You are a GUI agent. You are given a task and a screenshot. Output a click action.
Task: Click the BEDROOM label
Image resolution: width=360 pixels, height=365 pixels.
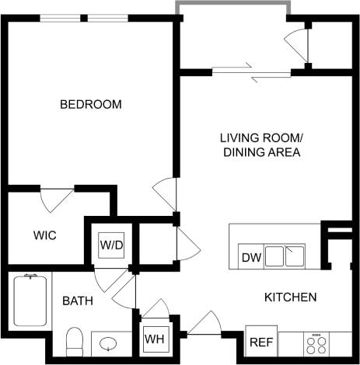(x=91, y=104)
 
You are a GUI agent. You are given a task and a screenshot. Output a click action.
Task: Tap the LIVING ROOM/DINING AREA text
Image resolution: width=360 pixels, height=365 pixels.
(x=262, y=145)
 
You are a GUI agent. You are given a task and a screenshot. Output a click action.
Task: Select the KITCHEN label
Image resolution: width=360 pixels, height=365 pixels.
(x=290, y=297)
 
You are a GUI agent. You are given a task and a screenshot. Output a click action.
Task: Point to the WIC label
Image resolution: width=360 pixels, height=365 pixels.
(x=44, y=235)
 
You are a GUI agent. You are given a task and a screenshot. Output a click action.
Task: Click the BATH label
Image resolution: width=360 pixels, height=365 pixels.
(x=78, y=301)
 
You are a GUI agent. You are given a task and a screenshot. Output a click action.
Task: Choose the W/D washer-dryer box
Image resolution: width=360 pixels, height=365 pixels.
(x=110, y=245)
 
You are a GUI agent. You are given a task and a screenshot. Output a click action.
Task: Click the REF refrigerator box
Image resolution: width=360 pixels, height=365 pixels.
(x=260, y=341)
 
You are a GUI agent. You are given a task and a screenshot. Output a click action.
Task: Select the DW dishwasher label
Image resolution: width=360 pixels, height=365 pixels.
(x=250, y=257)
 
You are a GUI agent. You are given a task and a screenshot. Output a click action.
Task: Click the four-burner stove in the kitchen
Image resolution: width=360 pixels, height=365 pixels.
(x=318, y=342)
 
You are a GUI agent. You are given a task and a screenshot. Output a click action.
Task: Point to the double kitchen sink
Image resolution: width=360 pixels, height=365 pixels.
(x=284, y=255)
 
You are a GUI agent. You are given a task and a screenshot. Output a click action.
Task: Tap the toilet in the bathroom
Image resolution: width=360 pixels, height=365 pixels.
(x=75, y=339)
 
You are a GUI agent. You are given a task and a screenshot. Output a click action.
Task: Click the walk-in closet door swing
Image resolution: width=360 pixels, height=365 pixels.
(x=57, y=200)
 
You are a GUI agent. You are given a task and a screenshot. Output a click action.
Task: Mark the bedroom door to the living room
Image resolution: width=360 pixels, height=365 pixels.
(x=166, y=194)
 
